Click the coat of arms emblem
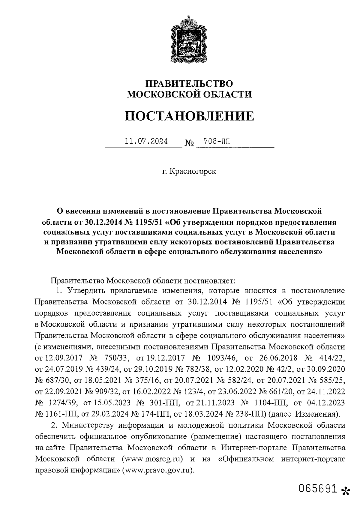click(189, 39)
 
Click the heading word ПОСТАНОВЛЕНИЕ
click(189, 116)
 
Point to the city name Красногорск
click(192, 172)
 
